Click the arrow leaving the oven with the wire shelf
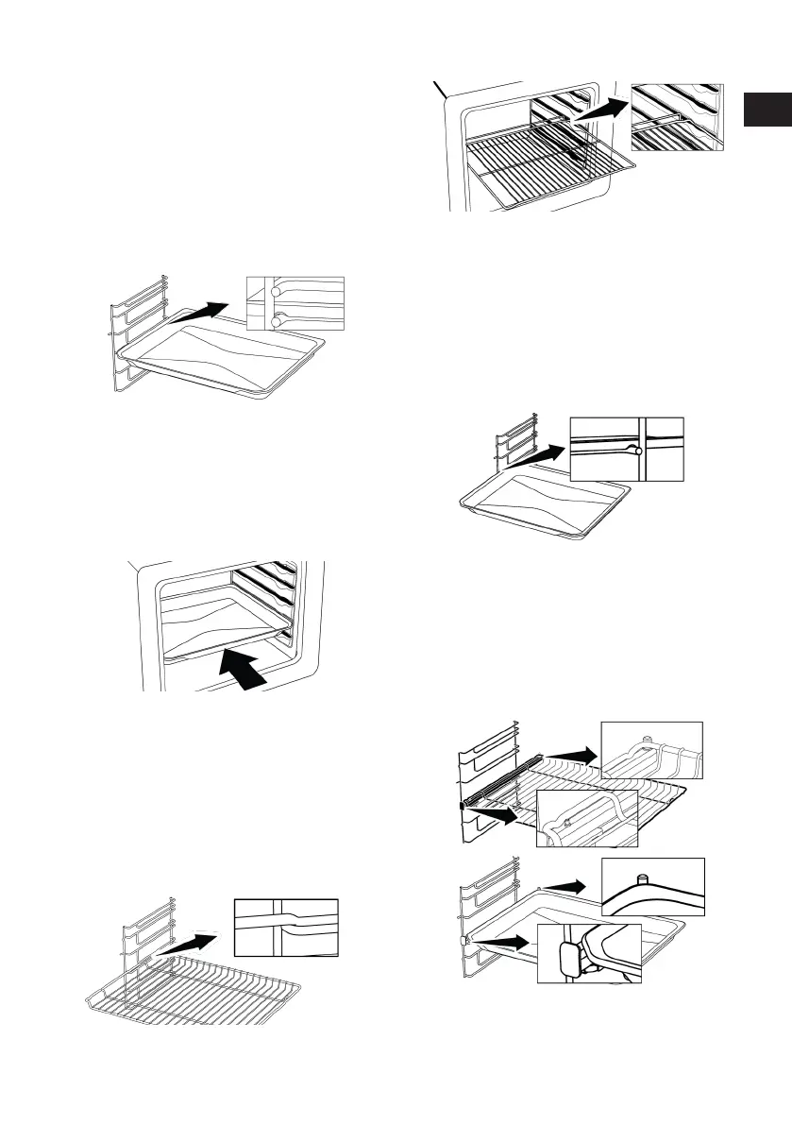coord(597,108)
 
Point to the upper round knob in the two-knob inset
coord(275,292)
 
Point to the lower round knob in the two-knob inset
coord(275,322)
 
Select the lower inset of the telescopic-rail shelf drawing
coord(587,817)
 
